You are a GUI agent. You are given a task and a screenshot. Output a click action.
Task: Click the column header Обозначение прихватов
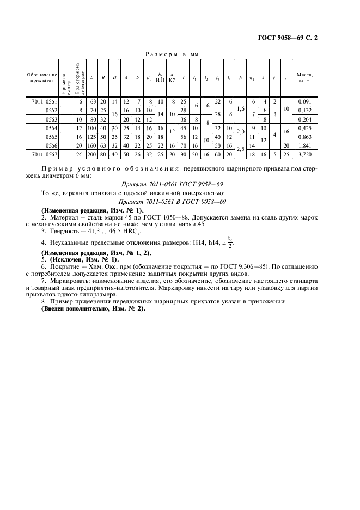[x=42, y=77]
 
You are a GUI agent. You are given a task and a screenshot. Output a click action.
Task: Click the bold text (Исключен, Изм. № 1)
[x=80, y=259]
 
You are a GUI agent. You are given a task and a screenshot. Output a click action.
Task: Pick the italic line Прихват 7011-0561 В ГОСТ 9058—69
[x=168, y=202]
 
